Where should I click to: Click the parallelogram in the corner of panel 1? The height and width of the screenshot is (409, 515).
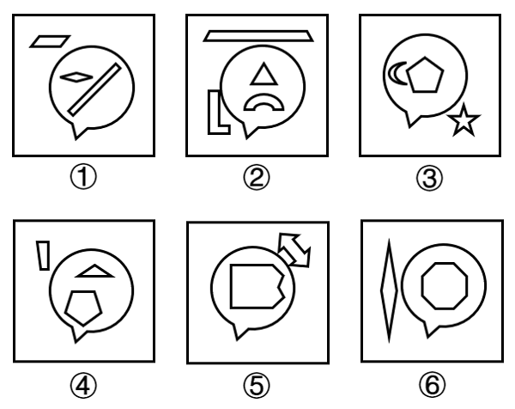pos(50,41)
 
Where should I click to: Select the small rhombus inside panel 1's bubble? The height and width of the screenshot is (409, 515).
pos(76,77)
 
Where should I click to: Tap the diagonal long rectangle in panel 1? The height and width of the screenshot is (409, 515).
pos(94,89)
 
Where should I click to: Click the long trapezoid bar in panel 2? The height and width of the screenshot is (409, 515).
pos(258,36)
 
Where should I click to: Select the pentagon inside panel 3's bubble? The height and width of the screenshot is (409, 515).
pos(425,76)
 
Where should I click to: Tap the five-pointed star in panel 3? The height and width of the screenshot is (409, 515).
pos(463,120)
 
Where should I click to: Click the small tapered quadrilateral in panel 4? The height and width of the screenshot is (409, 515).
pos(43,256)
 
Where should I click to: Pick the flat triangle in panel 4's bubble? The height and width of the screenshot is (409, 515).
pos(94,272)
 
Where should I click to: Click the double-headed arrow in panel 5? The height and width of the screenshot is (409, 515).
pos(294,250)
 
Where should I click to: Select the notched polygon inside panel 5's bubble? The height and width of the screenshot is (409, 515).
pos(255,286)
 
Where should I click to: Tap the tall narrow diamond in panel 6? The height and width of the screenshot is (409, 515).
pos(389,291)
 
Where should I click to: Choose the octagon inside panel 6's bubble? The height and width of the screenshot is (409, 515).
pos(445,286)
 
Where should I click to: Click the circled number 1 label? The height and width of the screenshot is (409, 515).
pos(83,177)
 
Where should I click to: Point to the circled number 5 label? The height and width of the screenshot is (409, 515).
pos(257,385)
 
